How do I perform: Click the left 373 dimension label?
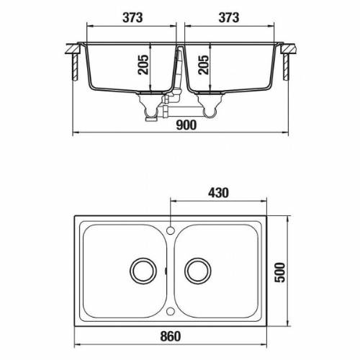pyautogui.click(x=132, y=18)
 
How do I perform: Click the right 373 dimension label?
pyautogui.click(x=229, y=18)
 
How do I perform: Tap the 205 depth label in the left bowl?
pyautogui.click(x=143, y=65)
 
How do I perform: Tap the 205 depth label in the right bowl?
pyautogui.click(x=204, y=65)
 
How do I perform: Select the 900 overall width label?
pyautogui.click(x=186, y=125)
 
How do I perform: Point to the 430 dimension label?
pyautogui.click(x=218, y=193)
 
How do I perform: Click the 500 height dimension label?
pyautogui.click(x=279, y=272)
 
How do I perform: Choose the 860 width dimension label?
pyautogui.click(x=171, y=336)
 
